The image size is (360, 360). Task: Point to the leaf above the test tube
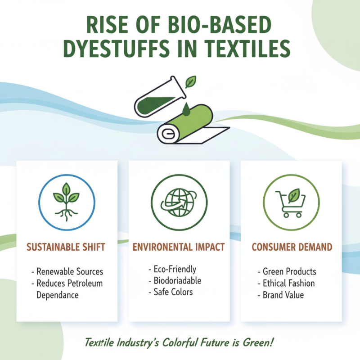coord(191,82)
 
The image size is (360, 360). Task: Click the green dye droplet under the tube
coord(185,109)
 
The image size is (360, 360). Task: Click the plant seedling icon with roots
coord(67,201)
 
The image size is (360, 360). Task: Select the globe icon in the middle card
coord(179,201)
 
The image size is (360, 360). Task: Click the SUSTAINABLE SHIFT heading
coord(67,247)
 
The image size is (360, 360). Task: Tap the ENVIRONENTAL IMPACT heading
coord(179,247)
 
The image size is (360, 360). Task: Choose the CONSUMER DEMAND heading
coord(292,247)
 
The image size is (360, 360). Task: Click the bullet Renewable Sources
coord(69,272)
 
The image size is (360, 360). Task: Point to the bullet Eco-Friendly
coord(175,269)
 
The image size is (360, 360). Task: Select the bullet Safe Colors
coord(174,292)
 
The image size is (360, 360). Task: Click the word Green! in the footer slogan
coord(257,342)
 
